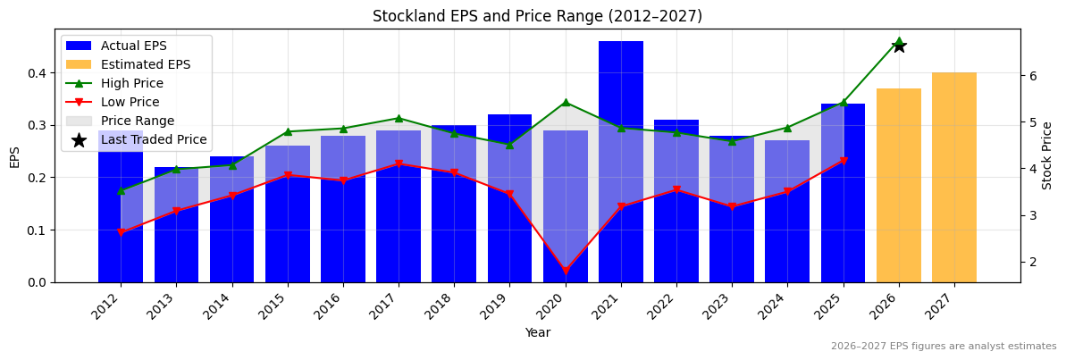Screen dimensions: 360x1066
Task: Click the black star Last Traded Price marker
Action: point(899,46)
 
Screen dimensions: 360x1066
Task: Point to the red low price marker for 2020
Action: point(566,271)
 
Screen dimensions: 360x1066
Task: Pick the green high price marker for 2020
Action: point(566,102)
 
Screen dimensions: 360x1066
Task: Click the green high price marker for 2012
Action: point(121,190)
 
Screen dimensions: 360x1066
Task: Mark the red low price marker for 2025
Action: point(844,161)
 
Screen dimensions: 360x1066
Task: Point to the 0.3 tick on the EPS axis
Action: point(37,125)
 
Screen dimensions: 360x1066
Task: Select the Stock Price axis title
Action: point(1047,155)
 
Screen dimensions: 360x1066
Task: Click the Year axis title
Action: point(537,332)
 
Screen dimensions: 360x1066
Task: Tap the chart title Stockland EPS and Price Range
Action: point(537,16)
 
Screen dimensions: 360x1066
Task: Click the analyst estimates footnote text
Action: point(944,347)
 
